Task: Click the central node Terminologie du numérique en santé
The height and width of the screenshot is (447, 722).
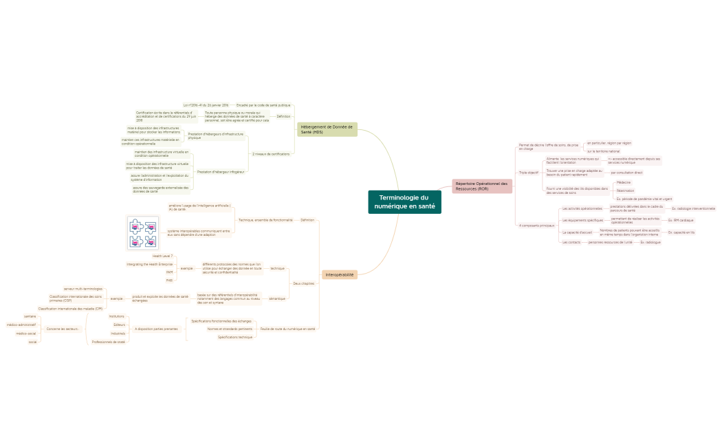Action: coord(404,201)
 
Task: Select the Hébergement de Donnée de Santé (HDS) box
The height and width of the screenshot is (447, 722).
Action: coord(327,129)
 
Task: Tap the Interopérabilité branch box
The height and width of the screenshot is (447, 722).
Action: coord(340,274)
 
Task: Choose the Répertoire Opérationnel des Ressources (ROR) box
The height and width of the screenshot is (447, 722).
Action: coord(482,186)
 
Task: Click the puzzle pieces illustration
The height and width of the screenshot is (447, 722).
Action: coord(143,233)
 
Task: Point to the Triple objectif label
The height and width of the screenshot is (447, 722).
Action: coord(529,173)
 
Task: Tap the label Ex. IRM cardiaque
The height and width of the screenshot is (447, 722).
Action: coord(681,220)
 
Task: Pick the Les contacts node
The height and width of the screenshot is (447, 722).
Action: coord(571,242)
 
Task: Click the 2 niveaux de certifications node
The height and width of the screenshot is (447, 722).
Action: coord(271,154)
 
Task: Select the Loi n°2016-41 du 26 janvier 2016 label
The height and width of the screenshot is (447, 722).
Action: coord(206,105)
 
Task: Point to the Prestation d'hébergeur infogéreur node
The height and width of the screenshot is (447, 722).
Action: coord(221,171)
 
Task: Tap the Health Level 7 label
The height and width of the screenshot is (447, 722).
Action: coord(162,256)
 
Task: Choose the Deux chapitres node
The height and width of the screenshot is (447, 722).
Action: coord(303,283)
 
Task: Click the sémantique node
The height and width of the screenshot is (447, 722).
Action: coord(277,298)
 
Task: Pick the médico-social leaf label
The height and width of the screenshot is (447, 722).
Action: coord(26,334)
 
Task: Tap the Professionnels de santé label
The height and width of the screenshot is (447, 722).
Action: coord(109,341)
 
